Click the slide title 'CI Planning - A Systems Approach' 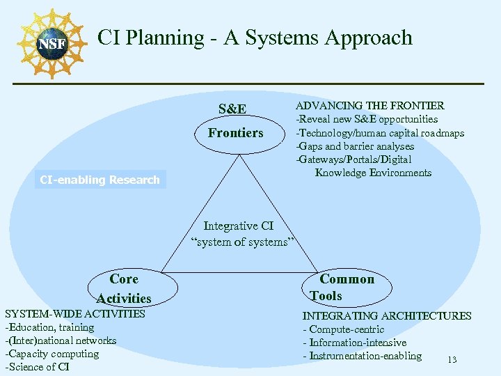coord(255,38)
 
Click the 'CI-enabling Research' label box coord(100,180)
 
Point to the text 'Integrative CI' coord(239,226)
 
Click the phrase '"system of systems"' coord(243,242)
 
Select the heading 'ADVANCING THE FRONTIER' coord(369,106)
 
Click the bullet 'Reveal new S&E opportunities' coord(367,119)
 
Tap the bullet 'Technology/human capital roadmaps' coord(380,133)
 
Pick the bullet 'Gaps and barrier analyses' coord(355,146)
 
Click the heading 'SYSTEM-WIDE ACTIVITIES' coord(75,314)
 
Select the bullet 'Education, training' coord(49,327)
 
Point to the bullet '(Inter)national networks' coord(61,340)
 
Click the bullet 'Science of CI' coord(38,367)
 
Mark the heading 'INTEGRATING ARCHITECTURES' coord(386,316)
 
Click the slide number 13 coord(452,360)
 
